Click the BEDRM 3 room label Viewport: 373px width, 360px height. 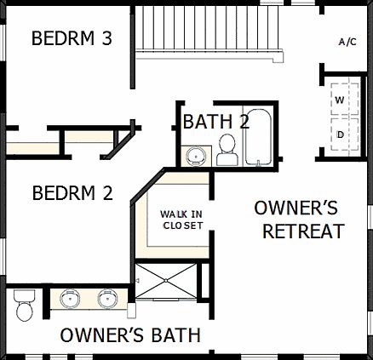click(72, 38)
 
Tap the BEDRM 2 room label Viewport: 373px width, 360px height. click(72, 193)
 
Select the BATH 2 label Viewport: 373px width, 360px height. click(216, 122)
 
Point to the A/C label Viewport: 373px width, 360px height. click(347, 41)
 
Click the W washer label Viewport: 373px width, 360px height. click(340, 100)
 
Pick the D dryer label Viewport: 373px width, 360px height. click(340, 134)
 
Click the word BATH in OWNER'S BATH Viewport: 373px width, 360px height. click(171, 334)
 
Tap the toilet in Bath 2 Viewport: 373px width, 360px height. click(227, 151)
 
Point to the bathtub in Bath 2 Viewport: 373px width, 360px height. click(257, 137)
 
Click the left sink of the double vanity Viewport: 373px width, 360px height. click(69, 299)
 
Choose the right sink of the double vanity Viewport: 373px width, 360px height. click(107, 299)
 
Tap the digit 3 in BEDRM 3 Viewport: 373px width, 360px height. click(107, 38)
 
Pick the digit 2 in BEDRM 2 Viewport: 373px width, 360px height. click(107, 193)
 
